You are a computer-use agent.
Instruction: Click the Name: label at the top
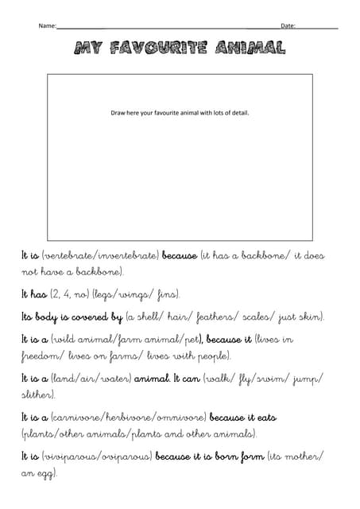coord(47,26)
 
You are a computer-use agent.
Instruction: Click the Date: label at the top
coord(288,26)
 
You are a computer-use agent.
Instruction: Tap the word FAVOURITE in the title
coord(168,49)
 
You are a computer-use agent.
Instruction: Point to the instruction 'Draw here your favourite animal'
coord(180,113)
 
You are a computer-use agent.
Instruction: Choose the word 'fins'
coord(168,294)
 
